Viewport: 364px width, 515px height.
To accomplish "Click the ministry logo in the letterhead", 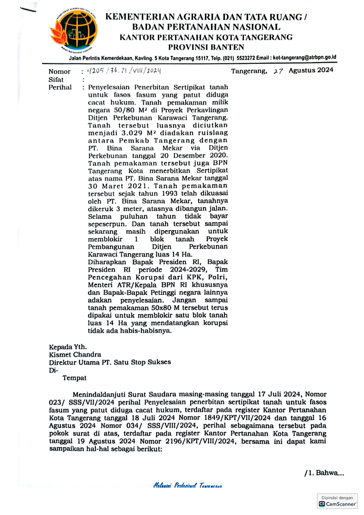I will (73, 31).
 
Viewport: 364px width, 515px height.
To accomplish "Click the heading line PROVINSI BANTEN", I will (206, 47).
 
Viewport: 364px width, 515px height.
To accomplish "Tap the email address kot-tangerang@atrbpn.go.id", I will (304, 58).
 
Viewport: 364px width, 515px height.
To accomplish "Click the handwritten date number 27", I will (278, 71).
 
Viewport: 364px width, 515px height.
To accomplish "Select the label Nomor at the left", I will (60, 71).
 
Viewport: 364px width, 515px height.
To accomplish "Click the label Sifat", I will (56, 80).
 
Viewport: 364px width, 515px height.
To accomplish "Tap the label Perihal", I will (60, 87).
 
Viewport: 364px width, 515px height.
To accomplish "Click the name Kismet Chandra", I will (75, 355).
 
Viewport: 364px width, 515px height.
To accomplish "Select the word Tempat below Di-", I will (74, 378).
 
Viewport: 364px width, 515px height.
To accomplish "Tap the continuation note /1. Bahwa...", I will (324, 473).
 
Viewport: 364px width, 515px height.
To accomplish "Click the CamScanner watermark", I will (337, 501).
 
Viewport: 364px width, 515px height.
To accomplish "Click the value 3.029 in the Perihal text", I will (132, 133).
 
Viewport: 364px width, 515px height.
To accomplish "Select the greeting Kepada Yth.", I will (68, 347).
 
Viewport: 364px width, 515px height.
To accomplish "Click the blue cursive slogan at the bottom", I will (187, 485).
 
